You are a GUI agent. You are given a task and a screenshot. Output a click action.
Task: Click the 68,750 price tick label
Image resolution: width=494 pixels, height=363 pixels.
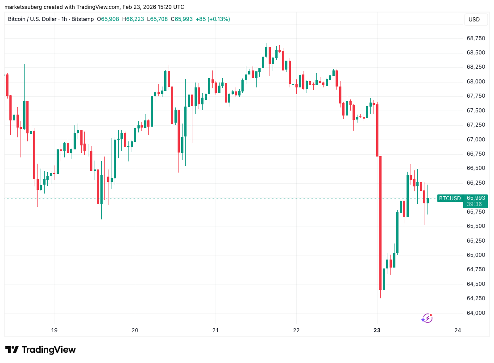pyautogui.click(x=476, y=38)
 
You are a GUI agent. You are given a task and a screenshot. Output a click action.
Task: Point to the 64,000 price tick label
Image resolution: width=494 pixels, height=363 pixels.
pyautogui.click(x=476, y=313)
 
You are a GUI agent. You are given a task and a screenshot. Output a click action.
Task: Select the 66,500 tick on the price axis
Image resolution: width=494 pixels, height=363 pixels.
pyautogui.click(x=476, y=168)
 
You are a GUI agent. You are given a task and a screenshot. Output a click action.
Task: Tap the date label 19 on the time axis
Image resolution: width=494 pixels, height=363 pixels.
pyautogui.click(x=54, y=330)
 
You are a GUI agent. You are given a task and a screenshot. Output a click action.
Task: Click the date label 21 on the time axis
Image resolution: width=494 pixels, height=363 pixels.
pyautogui.click(x=216, y=330)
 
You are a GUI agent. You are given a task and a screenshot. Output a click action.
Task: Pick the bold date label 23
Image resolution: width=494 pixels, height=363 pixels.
pyautogui.click(x=377, y=330)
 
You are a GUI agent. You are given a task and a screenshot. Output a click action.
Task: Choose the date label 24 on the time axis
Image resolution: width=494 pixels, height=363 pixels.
pyautogui.click(x=457, y=330)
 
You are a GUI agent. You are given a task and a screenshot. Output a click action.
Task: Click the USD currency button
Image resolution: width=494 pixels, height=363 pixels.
pyautogui.click(x=474, y=20)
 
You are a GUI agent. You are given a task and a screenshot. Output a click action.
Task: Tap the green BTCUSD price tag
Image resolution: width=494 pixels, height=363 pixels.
pyautogui.click(x=449, y=198)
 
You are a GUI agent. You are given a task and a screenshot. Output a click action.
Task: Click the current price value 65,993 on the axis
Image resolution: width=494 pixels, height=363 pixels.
pyautogui.click(x=475, y=198)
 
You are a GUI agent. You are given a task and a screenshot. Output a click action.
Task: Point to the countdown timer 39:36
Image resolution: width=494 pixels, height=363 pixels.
pyautogui.click(x=474, y=204)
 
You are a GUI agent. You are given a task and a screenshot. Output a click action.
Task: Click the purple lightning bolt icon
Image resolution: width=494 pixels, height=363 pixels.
pyautogui.click(x=427, y=318)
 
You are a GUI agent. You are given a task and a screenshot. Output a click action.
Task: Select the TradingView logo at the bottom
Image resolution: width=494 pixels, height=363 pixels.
pyautogui.click(x=41, y=350)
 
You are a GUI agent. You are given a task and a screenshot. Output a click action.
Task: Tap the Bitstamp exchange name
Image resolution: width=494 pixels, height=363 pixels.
pyautogui.click(x=83, y=19)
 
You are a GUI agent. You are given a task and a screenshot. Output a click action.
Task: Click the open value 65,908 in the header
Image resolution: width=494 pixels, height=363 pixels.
pyautogui.click(x=110, y=19)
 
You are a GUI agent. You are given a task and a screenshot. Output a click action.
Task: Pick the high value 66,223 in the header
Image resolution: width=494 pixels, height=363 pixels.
pyautogui.click(x=135, y=19)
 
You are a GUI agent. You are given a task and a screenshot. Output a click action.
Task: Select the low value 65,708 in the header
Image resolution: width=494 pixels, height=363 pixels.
pyautogui.click(x=159, y=19)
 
